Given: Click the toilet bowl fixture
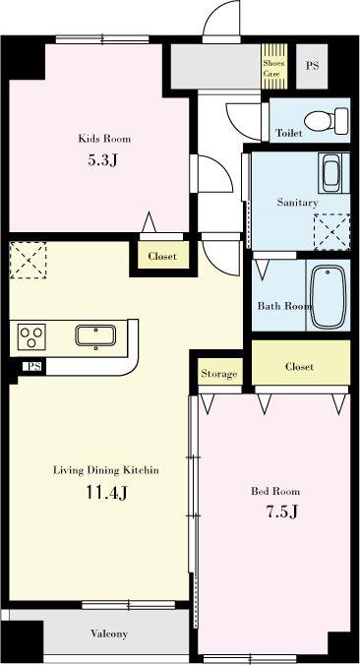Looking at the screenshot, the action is (327, 120).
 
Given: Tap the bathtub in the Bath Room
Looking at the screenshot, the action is (329, 296).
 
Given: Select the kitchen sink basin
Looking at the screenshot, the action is (95, 335).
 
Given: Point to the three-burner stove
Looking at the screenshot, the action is (31, 336).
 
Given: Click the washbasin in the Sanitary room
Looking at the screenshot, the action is (331, 172).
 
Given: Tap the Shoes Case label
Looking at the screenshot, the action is (273, 68).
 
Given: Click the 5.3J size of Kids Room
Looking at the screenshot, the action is (102, 160).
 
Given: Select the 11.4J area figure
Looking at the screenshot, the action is (106, 493).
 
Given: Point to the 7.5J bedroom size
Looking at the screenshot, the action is (281, 512).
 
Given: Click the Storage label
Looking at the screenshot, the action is (218, 374).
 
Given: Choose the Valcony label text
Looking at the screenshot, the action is (109, 634).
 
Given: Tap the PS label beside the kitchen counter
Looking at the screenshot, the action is (33, 366).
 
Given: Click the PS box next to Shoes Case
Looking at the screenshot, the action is (312, 66).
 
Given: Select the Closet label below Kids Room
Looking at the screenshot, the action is (162, 256).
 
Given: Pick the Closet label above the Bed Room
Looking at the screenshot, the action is (299, 366).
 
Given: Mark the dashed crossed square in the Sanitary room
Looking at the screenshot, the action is (331, 232).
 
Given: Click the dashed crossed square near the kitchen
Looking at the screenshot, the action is (28, 260).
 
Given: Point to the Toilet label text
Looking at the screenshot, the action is (289, 133).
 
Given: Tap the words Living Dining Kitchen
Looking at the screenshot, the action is (106, 470).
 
